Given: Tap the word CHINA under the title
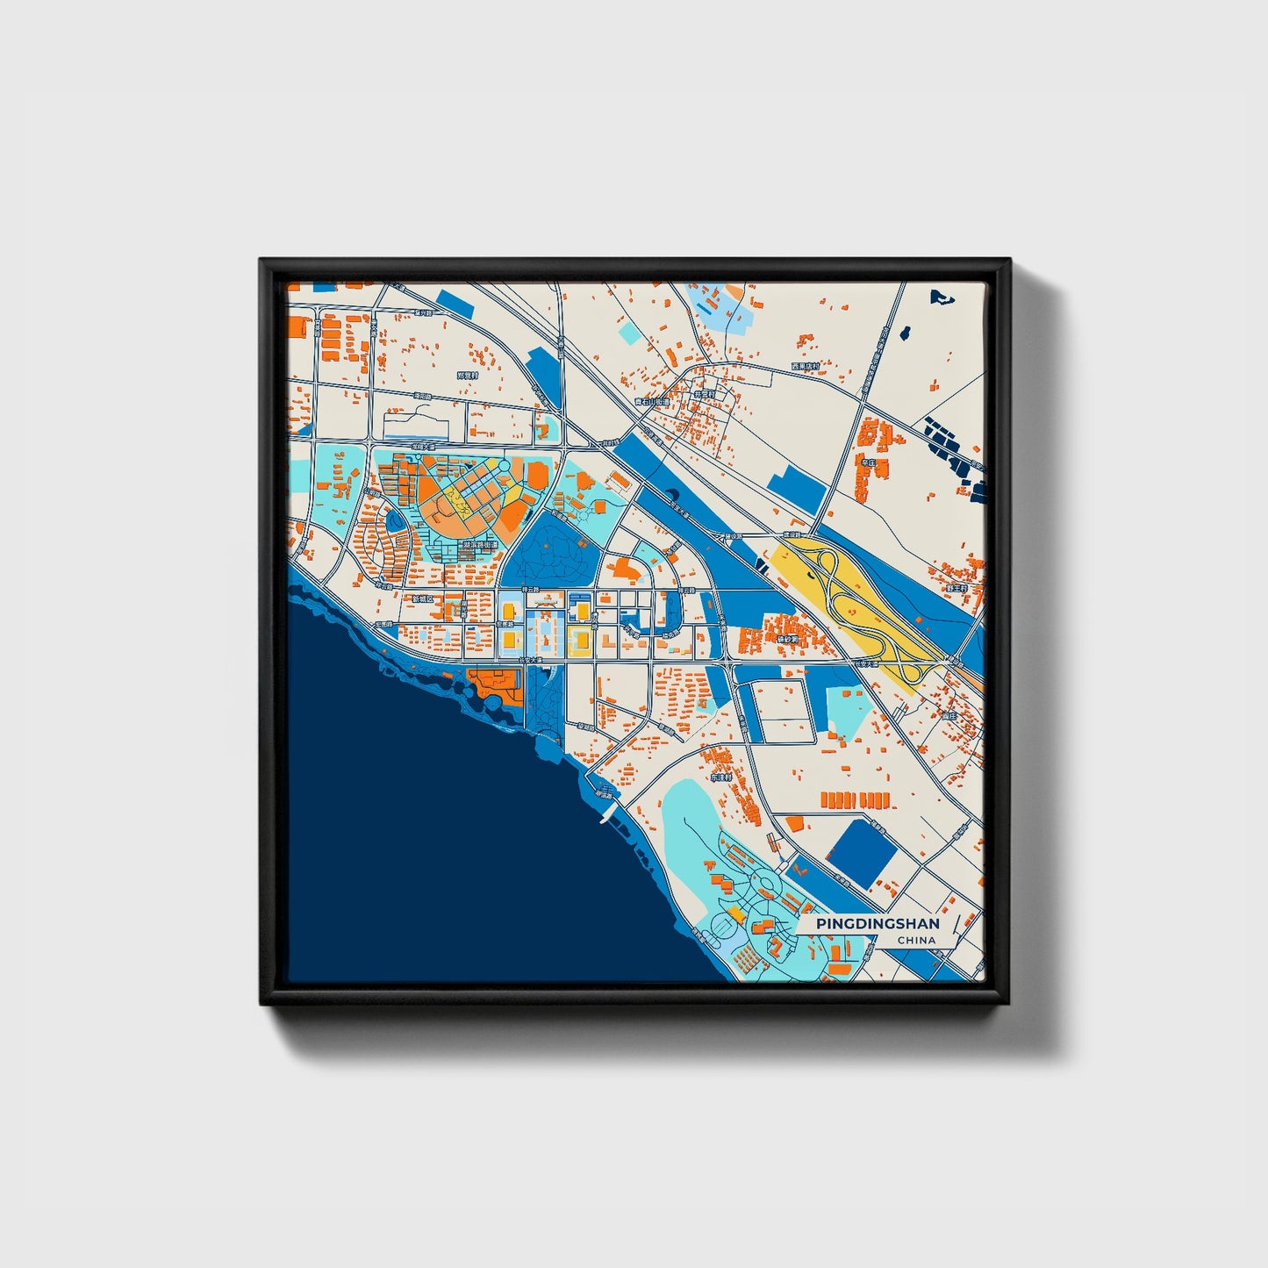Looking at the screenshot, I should point(916,940).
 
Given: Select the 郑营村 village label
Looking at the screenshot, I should point(468,375).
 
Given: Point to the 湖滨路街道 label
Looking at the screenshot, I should point(480,545).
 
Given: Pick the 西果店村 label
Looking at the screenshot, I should point(805,366).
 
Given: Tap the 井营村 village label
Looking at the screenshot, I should point(705,395).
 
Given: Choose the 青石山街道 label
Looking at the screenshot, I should point(652,402).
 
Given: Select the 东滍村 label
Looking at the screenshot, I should point(720,777).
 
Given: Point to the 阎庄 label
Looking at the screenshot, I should point(949,716).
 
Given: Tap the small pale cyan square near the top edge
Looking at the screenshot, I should point(629,333).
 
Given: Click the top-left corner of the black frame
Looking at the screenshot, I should point(262,261).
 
